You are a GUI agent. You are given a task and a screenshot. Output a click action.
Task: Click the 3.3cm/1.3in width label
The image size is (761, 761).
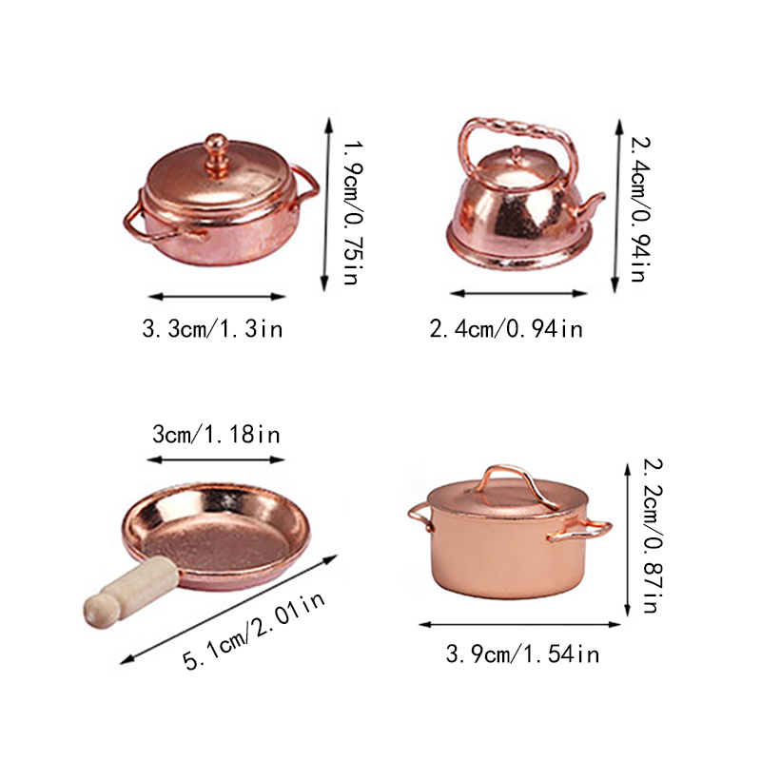tap(212, 329)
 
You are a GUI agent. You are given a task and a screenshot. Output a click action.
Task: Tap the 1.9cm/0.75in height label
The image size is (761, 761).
tap(353, 212)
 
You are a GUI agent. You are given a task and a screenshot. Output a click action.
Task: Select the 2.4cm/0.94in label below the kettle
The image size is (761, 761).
tap(506, 329)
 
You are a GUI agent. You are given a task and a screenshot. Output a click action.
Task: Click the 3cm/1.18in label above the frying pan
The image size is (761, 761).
tap(216, 434)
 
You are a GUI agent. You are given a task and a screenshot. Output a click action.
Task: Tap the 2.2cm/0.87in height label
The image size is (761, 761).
tap(653, 536)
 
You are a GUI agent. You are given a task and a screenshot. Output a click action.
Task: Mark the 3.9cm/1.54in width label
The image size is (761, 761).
tap(522, 654)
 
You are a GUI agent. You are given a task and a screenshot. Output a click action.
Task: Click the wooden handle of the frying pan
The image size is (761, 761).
tap(130, 591)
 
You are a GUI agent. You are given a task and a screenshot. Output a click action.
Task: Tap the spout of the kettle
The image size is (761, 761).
tap(591, 205)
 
